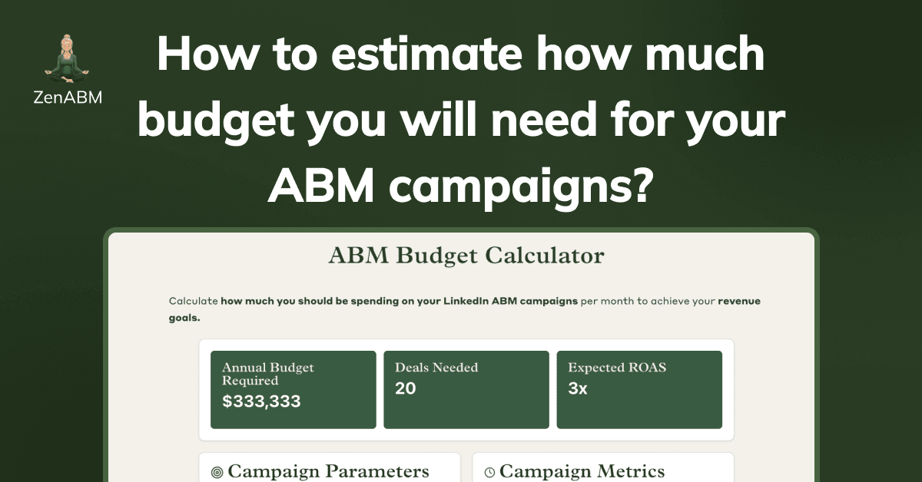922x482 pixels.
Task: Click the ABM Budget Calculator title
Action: coord(466,256)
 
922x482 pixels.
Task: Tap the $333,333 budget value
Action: coord(261,401)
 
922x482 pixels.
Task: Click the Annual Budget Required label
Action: coord(268,374)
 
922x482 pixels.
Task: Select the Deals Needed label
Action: coord(436,368)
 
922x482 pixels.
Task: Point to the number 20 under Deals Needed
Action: coord(406,388)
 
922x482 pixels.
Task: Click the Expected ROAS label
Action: coord(617,368)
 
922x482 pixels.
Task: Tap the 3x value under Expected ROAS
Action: coord(578,388)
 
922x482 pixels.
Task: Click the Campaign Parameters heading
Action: coord(328,471)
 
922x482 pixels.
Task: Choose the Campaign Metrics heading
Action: coord(582,471)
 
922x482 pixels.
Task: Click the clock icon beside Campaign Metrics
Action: coord(489,473)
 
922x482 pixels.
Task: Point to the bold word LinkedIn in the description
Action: coord(463,302)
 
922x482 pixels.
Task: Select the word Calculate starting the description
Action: coord(193,302)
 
